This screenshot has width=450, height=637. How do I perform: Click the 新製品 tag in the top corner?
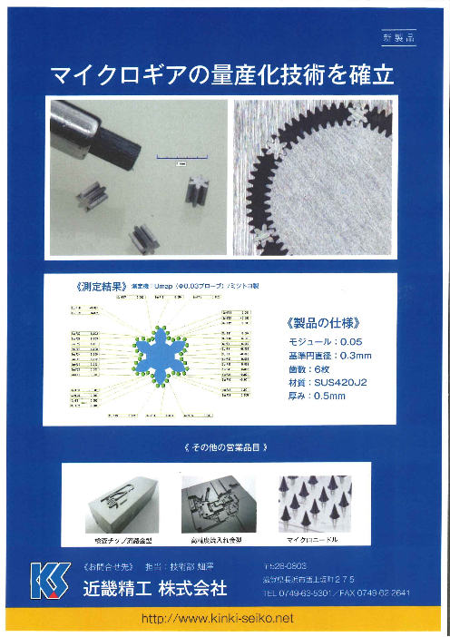coord(396,38)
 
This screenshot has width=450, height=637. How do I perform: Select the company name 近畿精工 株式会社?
coord(154,588)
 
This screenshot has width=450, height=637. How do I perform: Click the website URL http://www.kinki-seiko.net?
coord(224,618)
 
